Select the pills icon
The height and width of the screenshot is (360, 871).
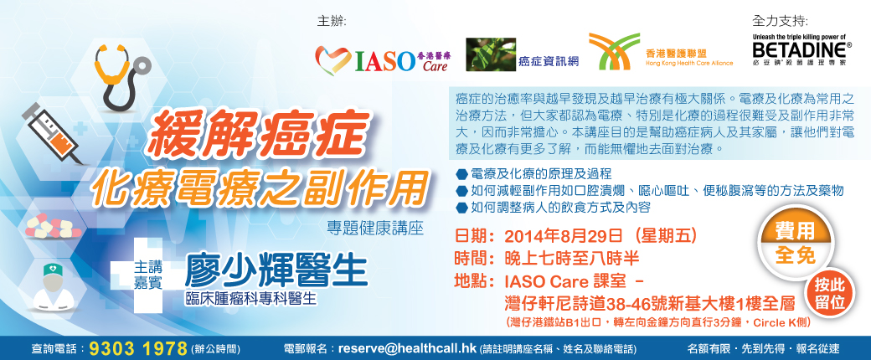[x=52, y=226]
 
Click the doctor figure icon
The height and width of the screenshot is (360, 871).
[x=53, y=286]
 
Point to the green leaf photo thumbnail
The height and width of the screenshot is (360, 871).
[x=488, y=54]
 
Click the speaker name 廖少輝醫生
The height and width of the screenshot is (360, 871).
[x=276, y=272]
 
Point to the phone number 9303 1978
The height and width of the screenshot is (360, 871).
[x=137, y=348]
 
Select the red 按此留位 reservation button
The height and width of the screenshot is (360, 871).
[x=829, y=293]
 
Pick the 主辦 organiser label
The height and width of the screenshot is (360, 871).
[x=331, y=21]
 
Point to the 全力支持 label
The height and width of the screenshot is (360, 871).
[x=780, y=21]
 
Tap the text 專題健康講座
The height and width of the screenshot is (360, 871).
[x=375, y=229]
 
